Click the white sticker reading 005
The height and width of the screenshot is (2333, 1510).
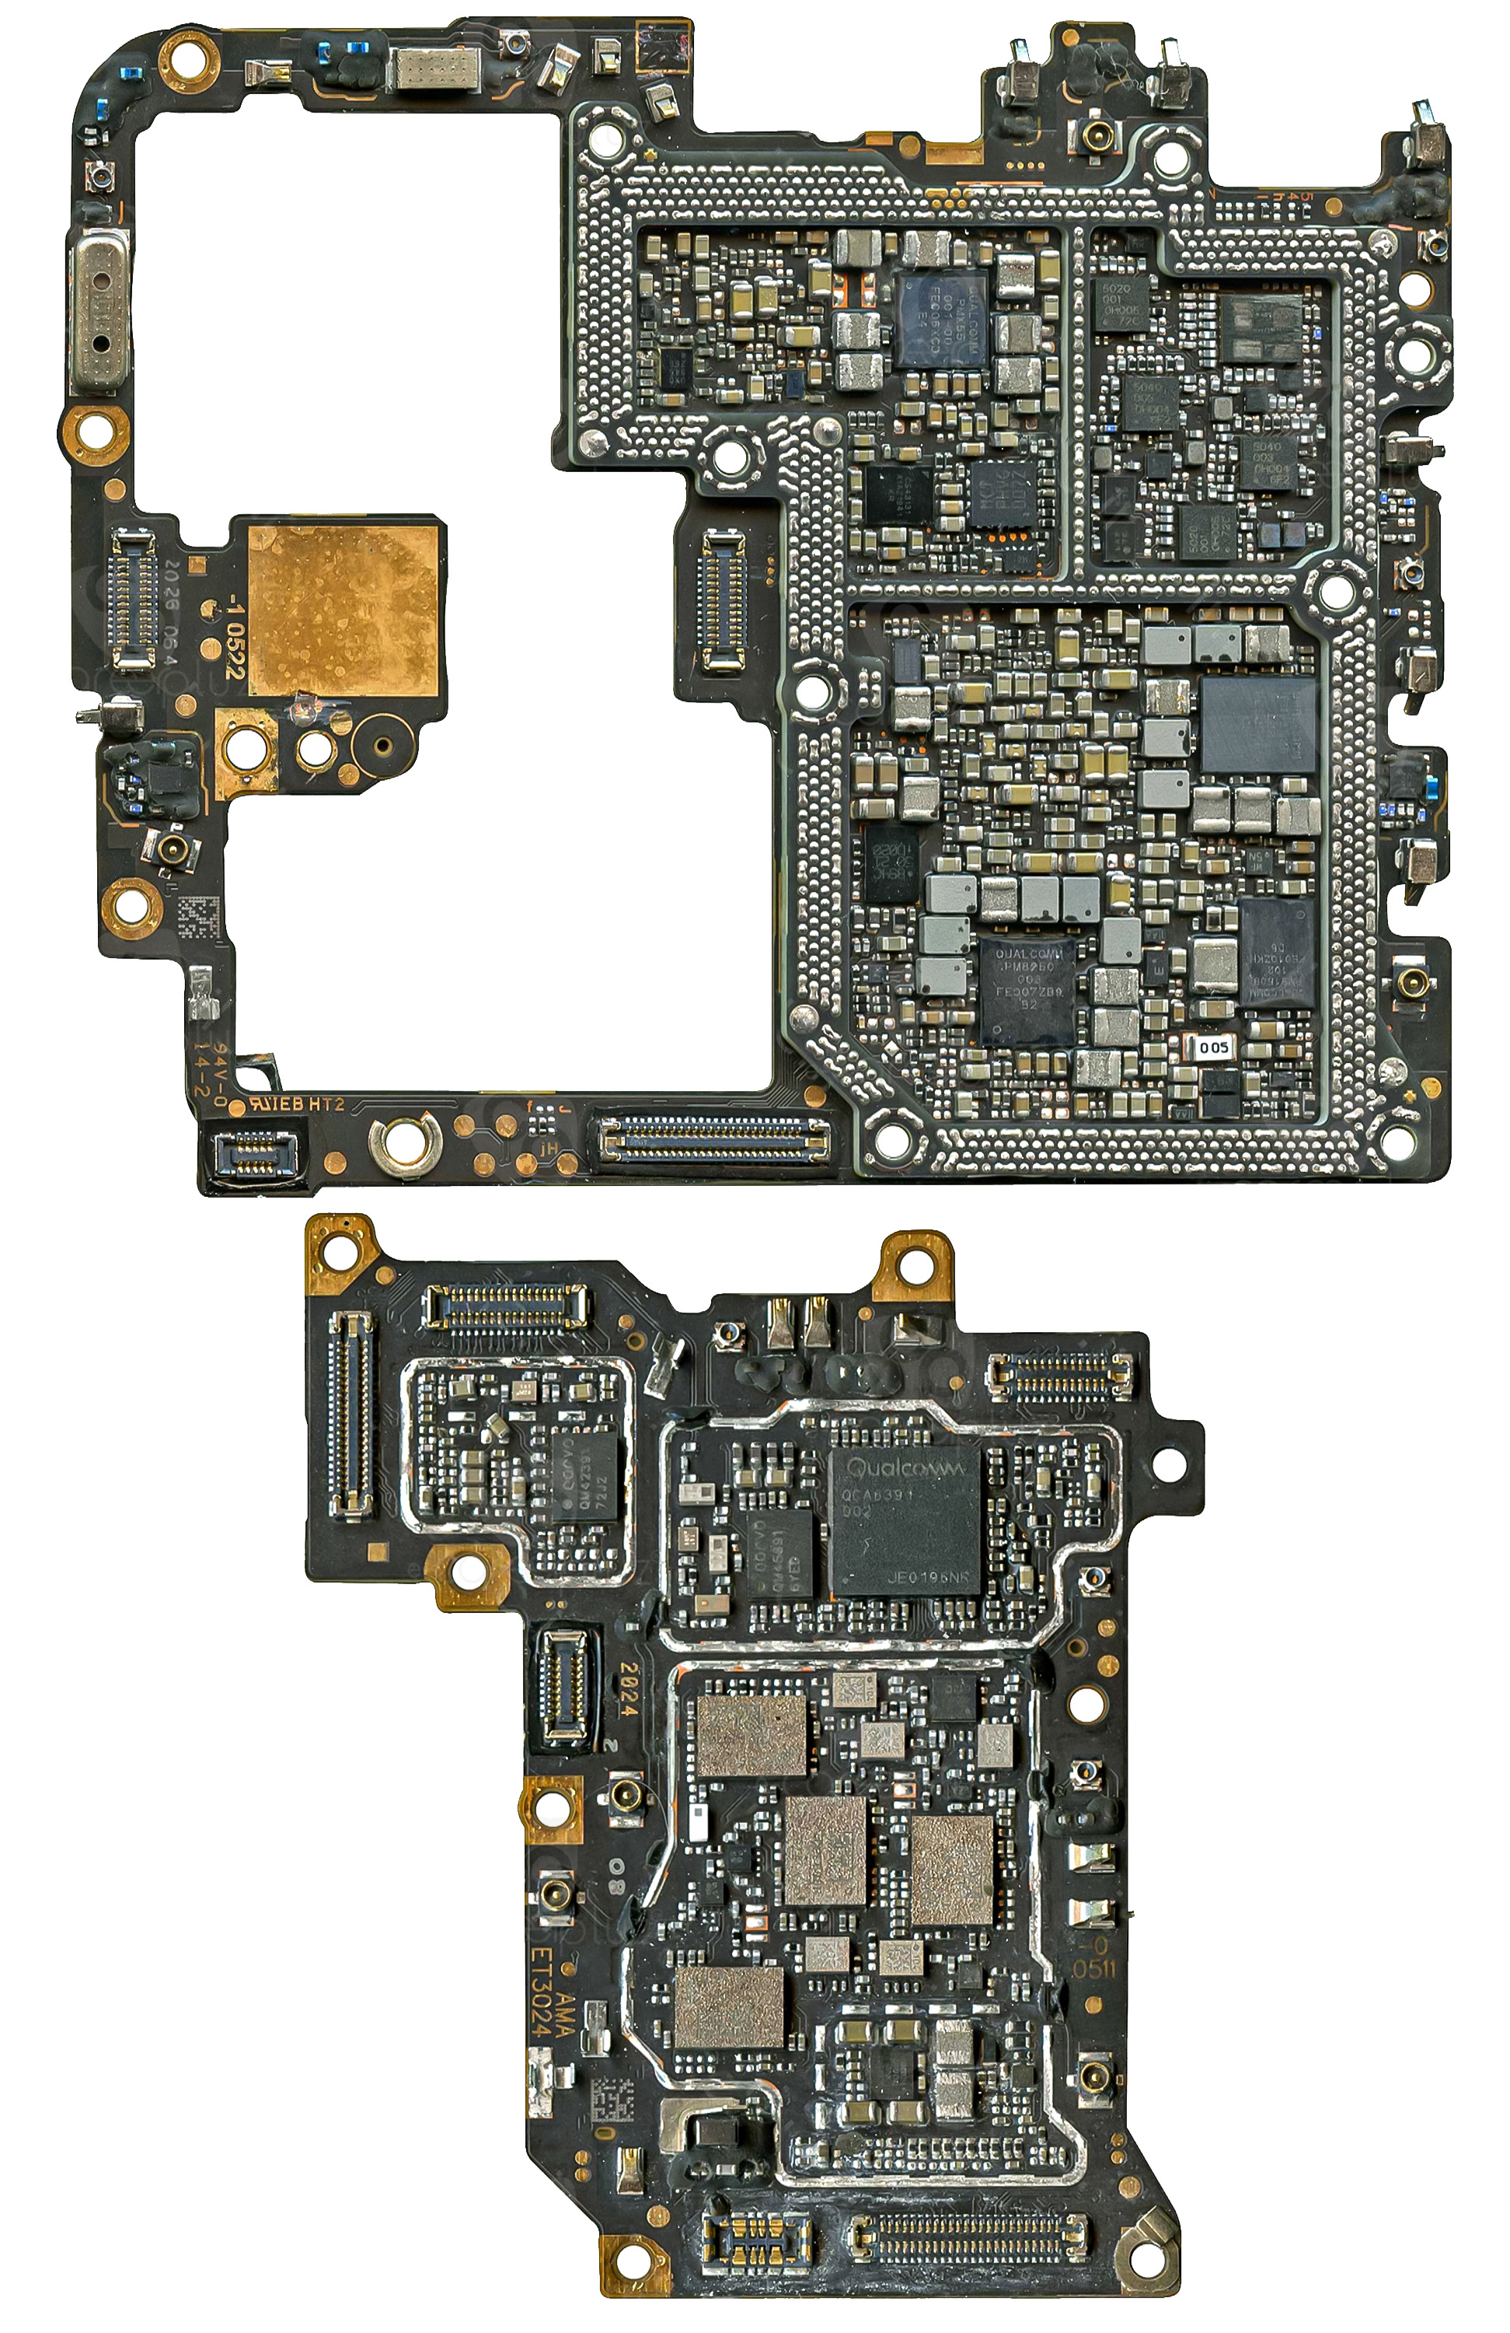1212,1047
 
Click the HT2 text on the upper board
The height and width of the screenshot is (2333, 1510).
326,1104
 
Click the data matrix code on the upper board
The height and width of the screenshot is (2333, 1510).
200,918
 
